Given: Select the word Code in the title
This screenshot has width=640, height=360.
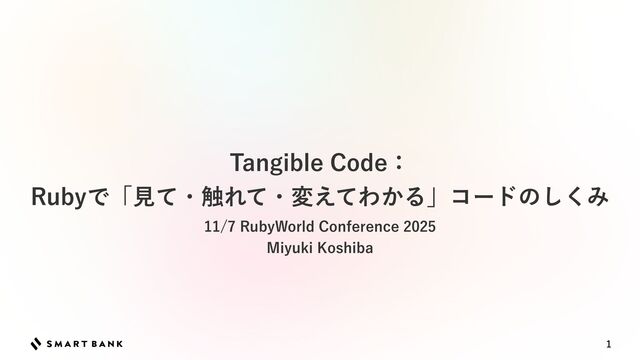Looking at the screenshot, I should coord(352,162).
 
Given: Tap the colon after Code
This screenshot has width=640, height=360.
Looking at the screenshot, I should coord(399,163).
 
